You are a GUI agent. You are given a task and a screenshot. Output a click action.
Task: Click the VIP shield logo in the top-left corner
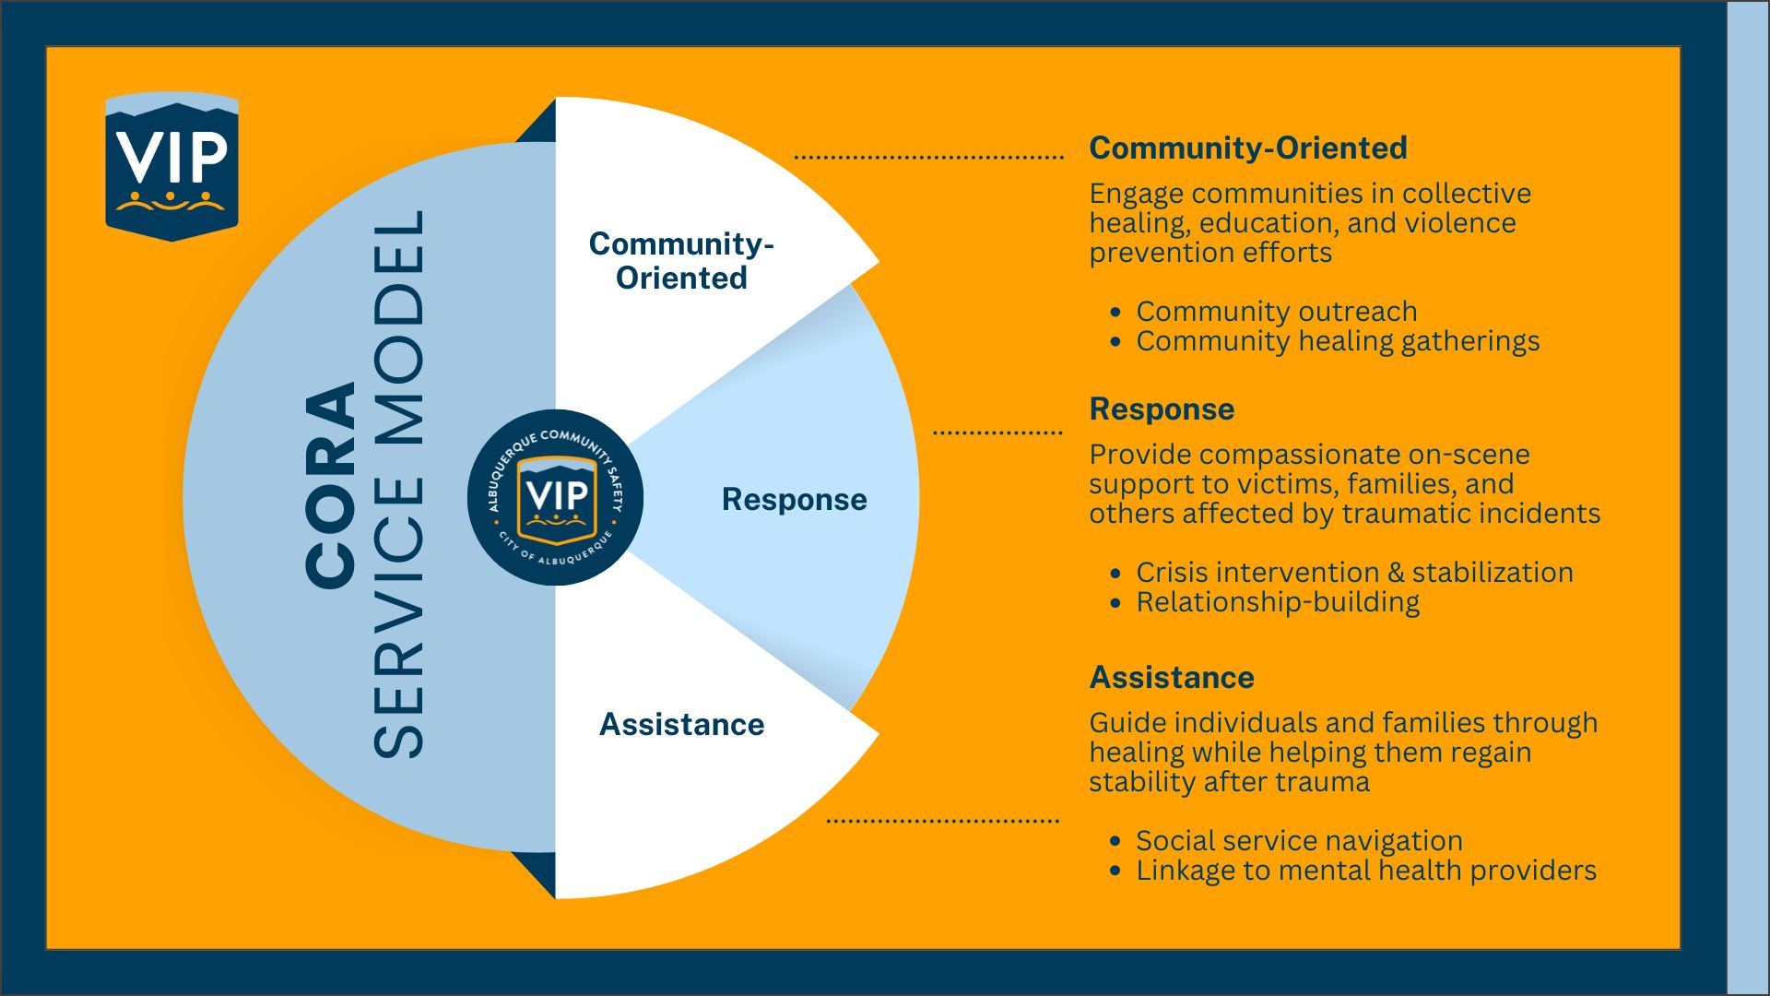click(171, 166)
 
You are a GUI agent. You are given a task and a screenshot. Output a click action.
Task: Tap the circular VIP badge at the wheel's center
click(555, 497)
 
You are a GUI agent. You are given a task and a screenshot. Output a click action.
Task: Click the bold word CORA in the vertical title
click(331, 485)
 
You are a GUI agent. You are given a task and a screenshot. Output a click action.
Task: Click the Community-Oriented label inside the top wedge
click(681, 260)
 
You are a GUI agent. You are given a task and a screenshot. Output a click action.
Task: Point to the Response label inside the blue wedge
click(794, 499)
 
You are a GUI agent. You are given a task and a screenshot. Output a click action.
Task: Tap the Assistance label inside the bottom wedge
click(681, 724)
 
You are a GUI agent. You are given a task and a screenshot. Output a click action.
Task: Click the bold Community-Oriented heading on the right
click(1247, 148)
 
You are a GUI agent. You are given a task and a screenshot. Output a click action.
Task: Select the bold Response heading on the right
click(1162, 409)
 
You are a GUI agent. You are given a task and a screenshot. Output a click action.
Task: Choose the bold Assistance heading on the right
click(1171, 677)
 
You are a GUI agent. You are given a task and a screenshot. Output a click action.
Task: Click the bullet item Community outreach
click(1276, 312)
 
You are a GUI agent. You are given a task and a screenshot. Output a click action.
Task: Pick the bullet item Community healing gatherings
click(1338, 341)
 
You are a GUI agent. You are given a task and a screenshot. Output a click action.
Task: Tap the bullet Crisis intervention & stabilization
click(1354, 573)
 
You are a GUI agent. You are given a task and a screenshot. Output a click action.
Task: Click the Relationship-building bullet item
click(1278, 602)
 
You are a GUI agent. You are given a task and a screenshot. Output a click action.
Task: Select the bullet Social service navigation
click(1299, 841)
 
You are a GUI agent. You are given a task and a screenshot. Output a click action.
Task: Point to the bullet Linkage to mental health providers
click(1366, 871)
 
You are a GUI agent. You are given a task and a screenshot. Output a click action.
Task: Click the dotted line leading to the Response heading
click(997, 432)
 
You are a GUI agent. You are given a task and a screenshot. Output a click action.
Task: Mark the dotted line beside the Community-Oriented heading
click(928, 157)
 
